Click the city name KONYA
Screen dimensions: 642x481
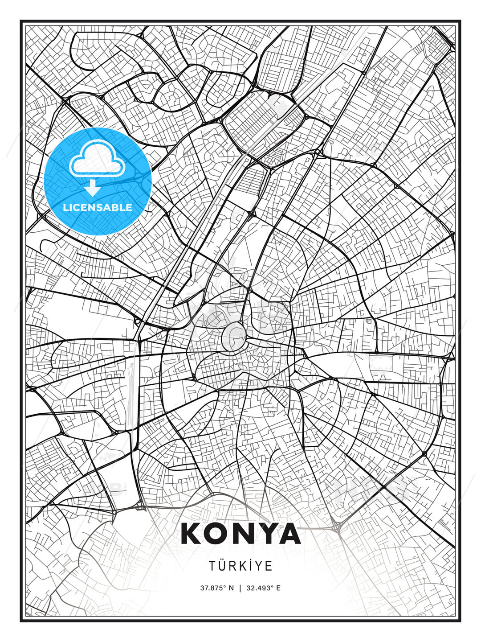(240, 534)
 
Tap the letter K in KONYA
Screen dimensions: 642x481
(192, 534)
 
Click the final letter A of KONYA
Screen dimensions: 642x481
(289, 534)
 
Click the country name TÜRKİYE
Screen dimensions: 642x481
(240, 566)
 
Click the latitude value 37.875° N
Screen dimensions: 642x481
(217, 588)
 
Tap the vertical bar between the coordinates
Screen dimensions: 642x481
(240, 588)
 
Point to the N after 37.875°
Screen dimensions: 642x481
(231, 588)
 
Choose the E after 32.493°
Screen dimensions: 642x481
(278, 588)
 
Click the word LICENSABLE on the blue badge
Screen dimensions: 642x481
(98, 207)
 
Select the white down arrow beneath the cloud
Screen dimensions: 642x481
(93, 188)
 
